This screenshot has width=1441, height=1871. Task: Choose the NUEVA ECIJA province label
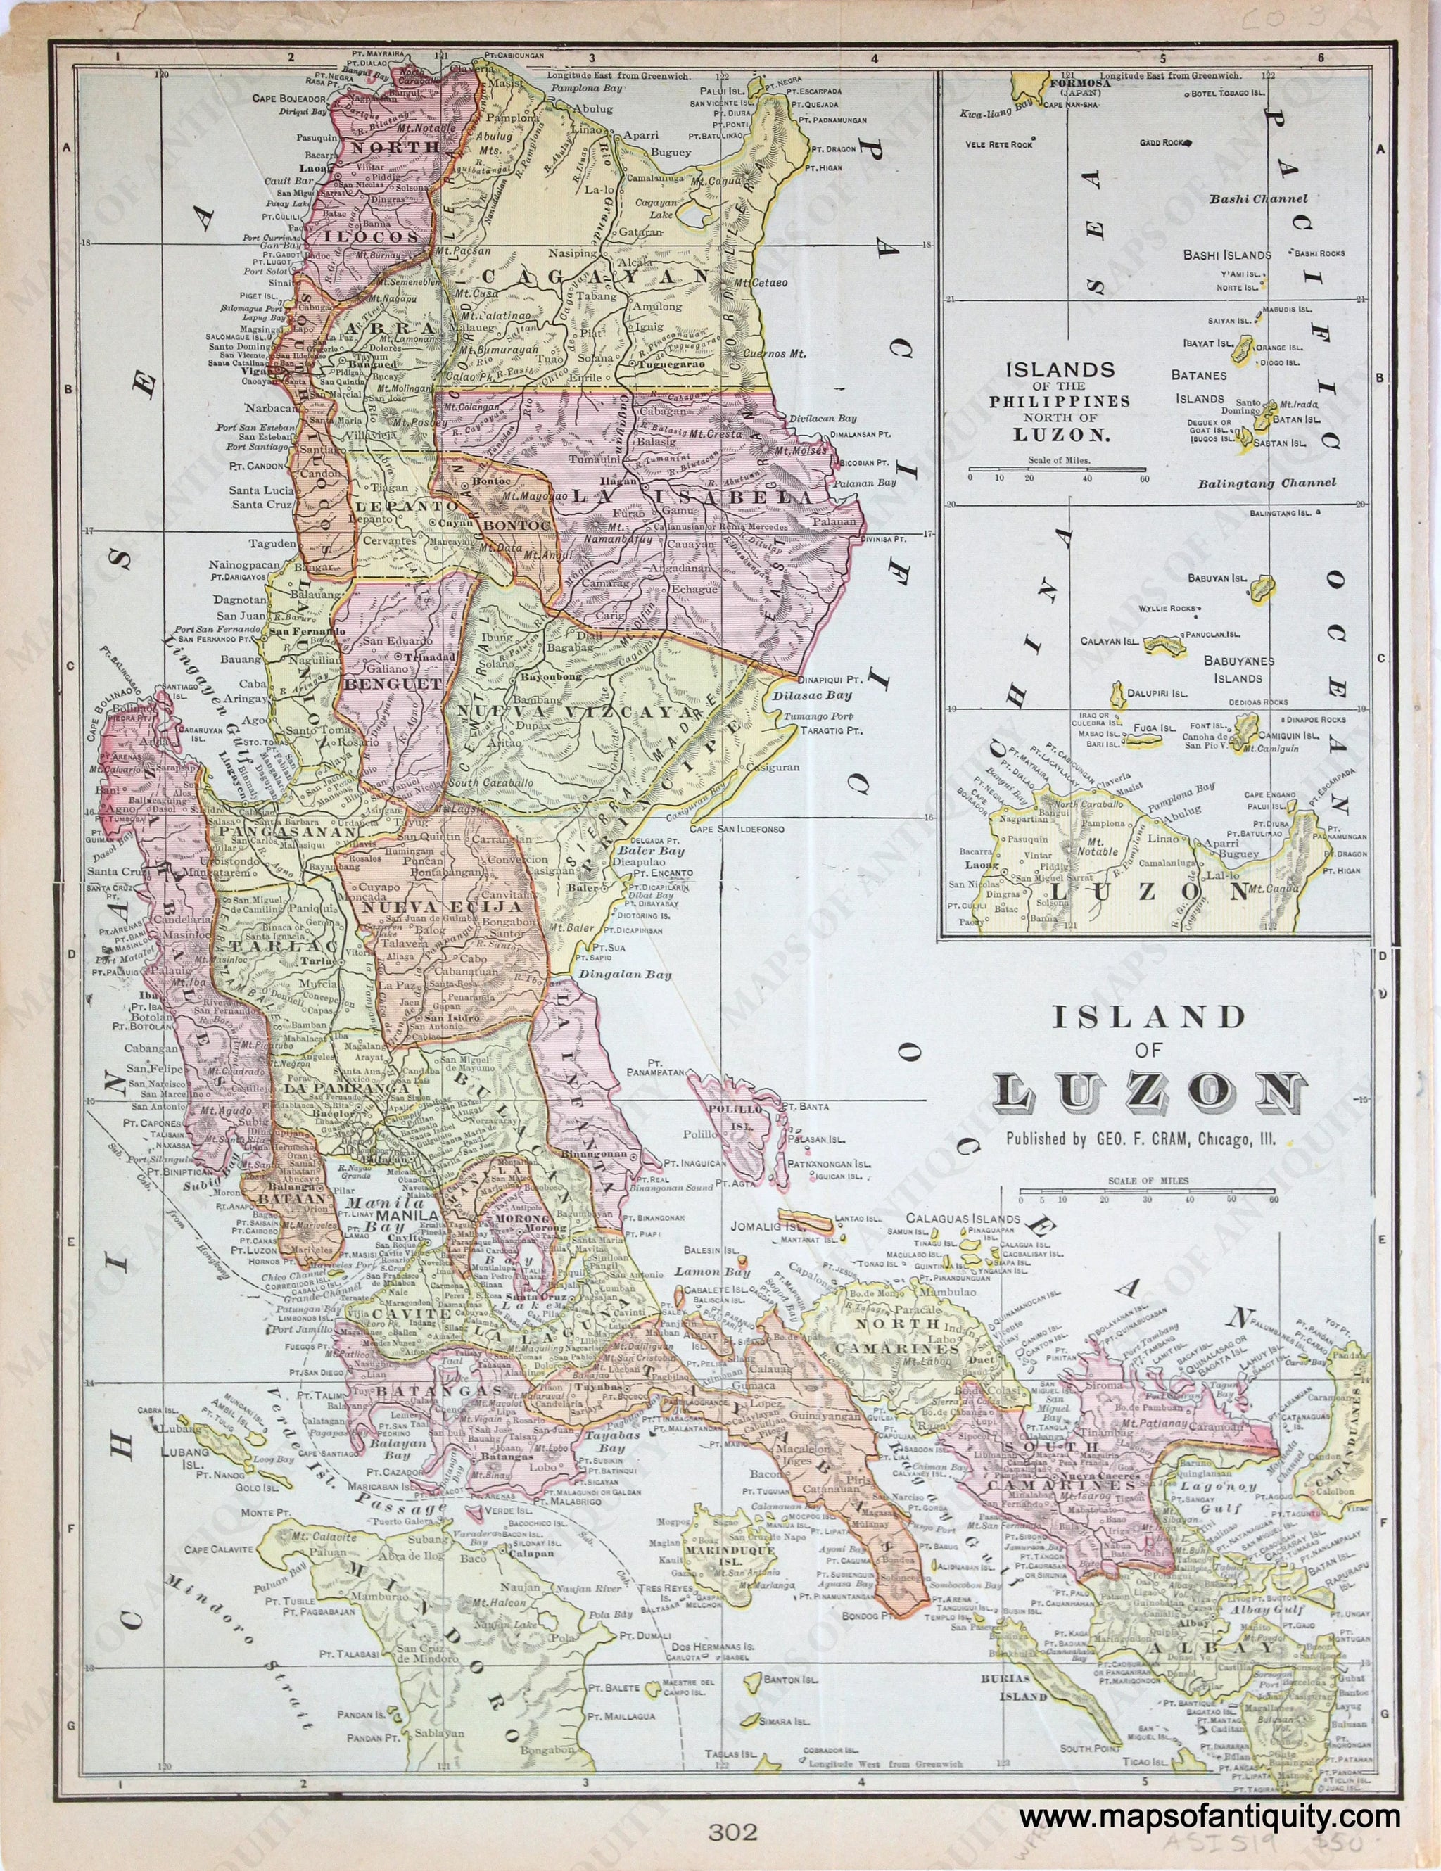pos(441,906)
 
